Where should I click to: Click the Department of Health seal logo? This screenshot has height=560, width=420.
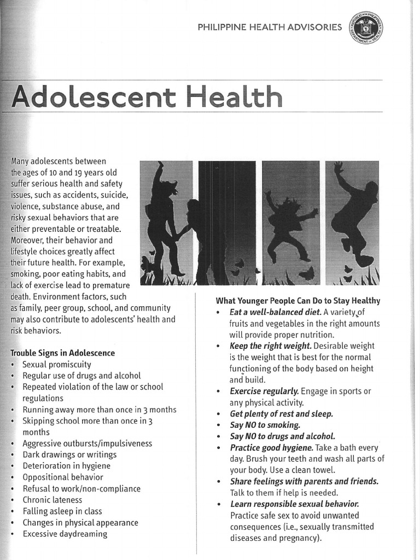tap(365, 27)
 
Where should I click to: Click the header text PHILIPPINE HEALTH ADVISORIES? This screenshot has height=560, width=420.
tap(270, 27)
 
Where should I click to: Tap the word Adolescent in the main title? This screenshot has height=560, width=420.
tap(93, 97)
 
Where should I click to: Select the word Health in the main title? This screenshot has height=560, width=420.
tap(234, 97)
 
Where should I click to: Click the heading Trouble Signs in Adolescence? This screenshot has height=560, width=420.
tap(63, 353)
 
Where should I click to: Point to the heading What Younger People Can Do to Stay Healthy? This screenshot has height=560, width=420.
tap(298, 300)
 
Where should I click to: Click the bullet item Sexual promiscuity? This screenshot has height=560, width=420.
tap(57, 364)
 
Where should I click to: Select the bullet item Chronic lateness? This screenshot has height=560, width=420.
tap(52, 499)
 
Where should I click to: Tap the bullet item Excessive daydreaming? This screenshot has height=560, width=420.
tap(65, 533)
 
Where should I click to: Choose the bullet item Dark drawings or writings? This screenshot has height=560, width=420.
tap(69, 454)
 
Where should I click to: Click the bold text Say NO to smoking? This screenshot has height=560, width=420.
tap(265, 424)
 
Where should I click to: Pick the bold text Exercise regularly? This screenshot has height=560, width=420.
tap(264, 390)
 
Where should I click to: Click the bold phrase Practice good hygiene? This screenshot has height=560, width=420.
tap(271, 447)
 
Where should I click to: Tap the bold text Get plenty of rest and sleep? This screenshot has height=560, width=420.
tap(281, 413)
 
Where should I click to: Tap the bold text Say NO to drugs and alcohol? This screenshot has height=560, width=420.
tap(282, 436)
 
